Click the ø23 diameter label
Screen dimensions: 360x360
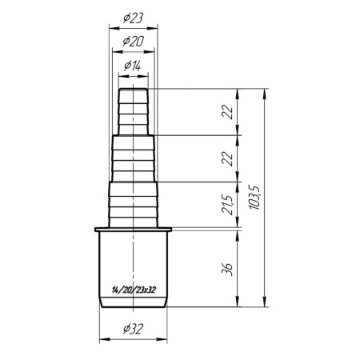tap(133, 18)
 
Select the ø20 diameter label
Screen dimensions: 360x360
tap(133, 42)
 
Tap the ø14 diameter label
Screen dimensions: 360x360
tap(133, 66)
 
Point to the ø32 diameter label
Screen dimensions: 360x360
tap(133, 329)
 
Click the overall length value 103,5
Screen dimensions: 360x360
tap(254, 197)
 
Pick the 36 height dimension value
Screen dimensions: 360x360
tap(227, 269)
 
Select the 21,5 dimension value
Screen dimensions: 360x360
tap(227, 205)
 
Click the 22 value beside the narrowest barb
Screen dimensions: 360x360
tap(227, 112)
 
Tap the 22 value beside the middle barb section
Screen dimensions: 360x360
tap(227, 159)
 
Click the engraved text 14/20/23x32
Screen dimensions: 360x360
tap(134, 290)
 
